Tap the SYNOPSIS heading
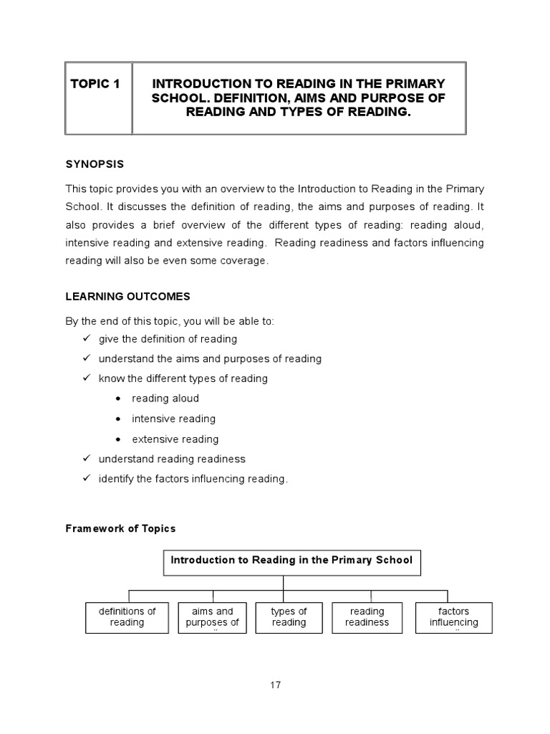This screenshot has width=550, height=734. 95,164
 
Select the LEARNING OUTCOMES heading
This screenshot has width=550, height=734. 127,296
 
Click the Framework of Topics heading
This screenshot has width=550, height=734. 120,528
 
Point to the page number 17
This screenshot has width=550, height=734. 276,685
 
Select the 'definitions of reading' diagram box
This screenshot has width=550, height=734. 127,617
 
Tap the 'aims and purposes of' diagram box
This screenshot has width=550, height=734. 213,617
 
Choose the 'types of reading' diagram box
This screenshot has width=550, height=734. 289,617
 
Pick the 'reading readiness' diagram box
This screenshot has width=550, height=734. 367,617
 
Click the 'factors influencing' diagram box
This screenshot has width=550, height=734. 453,617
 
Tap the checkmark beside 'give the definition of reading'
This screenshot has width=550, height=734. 86,338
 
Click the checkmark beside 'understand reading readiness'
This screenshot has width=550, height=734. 86,459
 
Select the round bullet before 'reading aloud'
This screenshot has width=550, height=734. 117,399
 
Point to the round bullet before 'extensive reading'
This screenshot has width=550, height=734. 117,439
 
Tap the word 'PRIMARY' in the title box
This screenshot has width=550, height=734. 415,84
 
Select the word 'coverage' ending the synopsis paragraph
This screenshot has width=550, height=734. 245,262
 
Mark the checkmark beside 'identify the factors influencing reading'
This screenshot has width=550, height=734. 86,479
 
